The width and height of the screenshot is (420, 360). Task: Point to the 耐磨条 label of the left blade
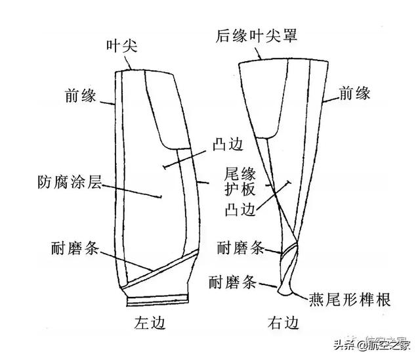(75, 248)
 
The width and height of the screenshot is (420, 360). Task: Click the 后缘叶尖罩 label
(257, 35)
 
